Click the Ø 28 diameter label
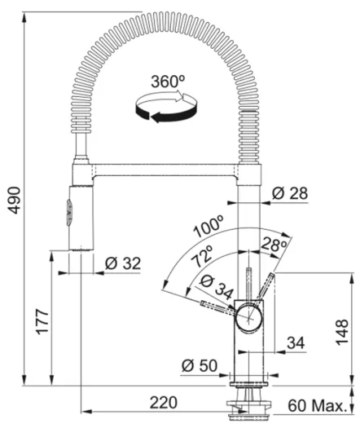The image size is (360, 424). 289,193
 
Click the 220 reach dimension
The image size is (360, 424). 164,402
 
